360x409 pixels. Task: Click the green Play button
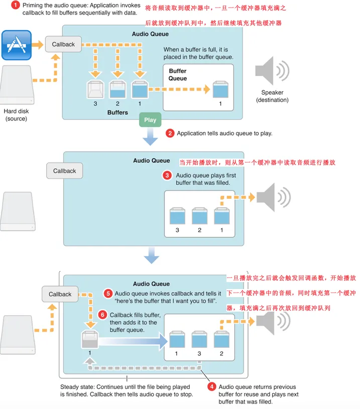[x=150, y=120]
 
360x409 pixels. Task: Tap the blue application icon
[x=17, y=45]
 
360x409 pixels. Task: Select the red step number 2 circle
[x=170, y=133]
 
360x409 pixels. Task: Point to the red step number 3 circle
[x=167, y=176]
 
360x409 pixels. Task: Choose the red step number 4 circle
[x=211, y=387]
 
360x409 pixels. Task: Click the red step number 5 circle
[x=107, y=293]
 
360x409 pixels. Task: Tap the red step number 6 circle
[x=102, y=315]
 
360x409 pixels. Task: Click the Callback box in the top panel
[x=63, y=45]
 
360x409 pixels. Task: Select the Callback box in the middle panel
[x=65, y=171]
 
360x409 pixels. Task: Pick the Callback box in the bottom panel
[x=61, y=294]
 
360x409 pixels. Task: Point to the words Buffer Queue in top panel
[x=178, y=75]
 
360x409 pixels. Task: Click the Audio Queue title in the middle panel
[x=151, y=161]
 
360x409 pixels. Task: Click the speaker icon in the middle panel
[x=272, y=197]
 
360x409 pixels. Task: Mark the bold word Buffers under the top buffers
[x=117, y=112]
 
